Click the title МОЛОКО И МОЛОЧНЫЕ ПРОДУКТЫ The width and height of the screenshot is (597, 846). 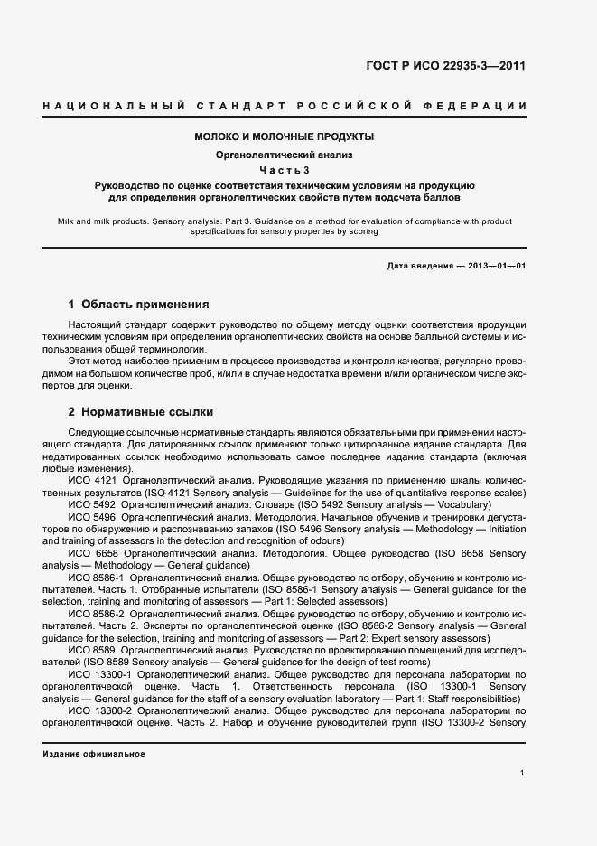point(285,136)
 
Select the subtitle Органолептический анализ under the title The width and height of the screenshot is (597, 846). point(285,154)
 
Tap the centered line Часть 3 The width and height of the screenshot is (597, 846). point(285,170)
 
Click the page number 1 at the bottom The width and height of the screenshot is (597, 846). point(523,773)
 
